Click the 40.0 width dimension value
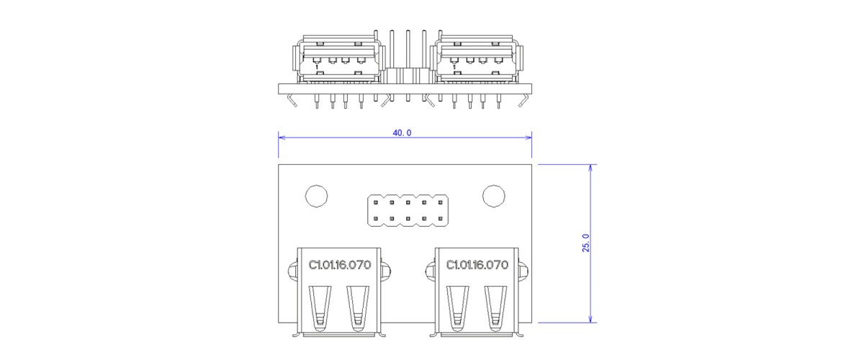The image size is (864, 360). point(402,132)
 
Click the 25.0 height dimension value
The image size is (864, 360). point(585,243)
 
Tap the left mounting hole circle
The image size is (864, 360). point(316,196)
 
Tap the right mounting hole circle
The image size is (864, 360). point(494,196)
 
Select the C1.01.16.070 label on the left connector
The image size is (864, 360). point(340,265)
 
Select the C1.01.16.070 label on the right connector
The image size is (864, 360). point(477,265)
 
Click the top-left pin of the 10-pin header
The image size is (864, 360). point(376,202)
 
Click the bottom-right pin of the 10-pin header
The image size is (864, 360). point(440,218)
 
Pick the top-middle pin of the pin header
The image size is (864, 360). point(408,202)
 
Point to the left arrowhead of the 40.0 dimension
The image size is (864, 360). point(282,138)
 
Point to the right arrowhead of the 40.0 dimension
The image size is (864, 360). point(528,138)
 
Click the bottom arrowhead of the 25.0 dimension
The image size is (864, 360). point(590,319)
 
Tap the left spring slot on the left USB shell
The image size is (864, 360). point(320,309)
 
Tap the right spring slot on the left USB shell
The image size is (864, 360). point(358,309)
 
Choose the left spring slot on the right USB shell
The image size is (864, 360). point(458,309)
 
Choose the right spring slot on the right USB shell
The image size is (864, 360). point(495,309)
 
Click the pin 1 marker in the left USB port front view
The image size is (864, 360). point(317,67)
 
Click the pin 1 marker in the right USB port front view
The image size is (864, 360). point(454,67)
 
